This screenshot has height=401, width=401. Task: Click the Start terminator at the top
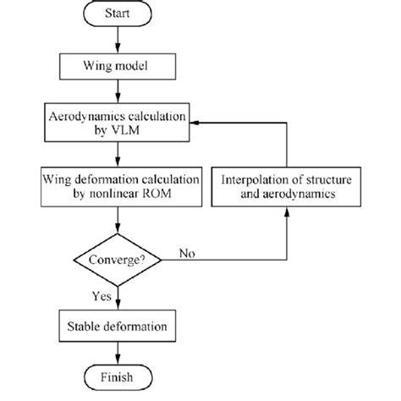point(118,15)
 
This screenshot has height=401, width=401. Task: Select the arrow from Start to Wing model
point(118,39)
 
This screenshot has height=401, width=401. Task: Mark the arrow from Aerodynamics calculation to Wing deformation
point(118,155)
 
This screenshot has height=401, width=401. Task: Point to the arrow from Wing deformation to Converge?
point(118,218)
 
